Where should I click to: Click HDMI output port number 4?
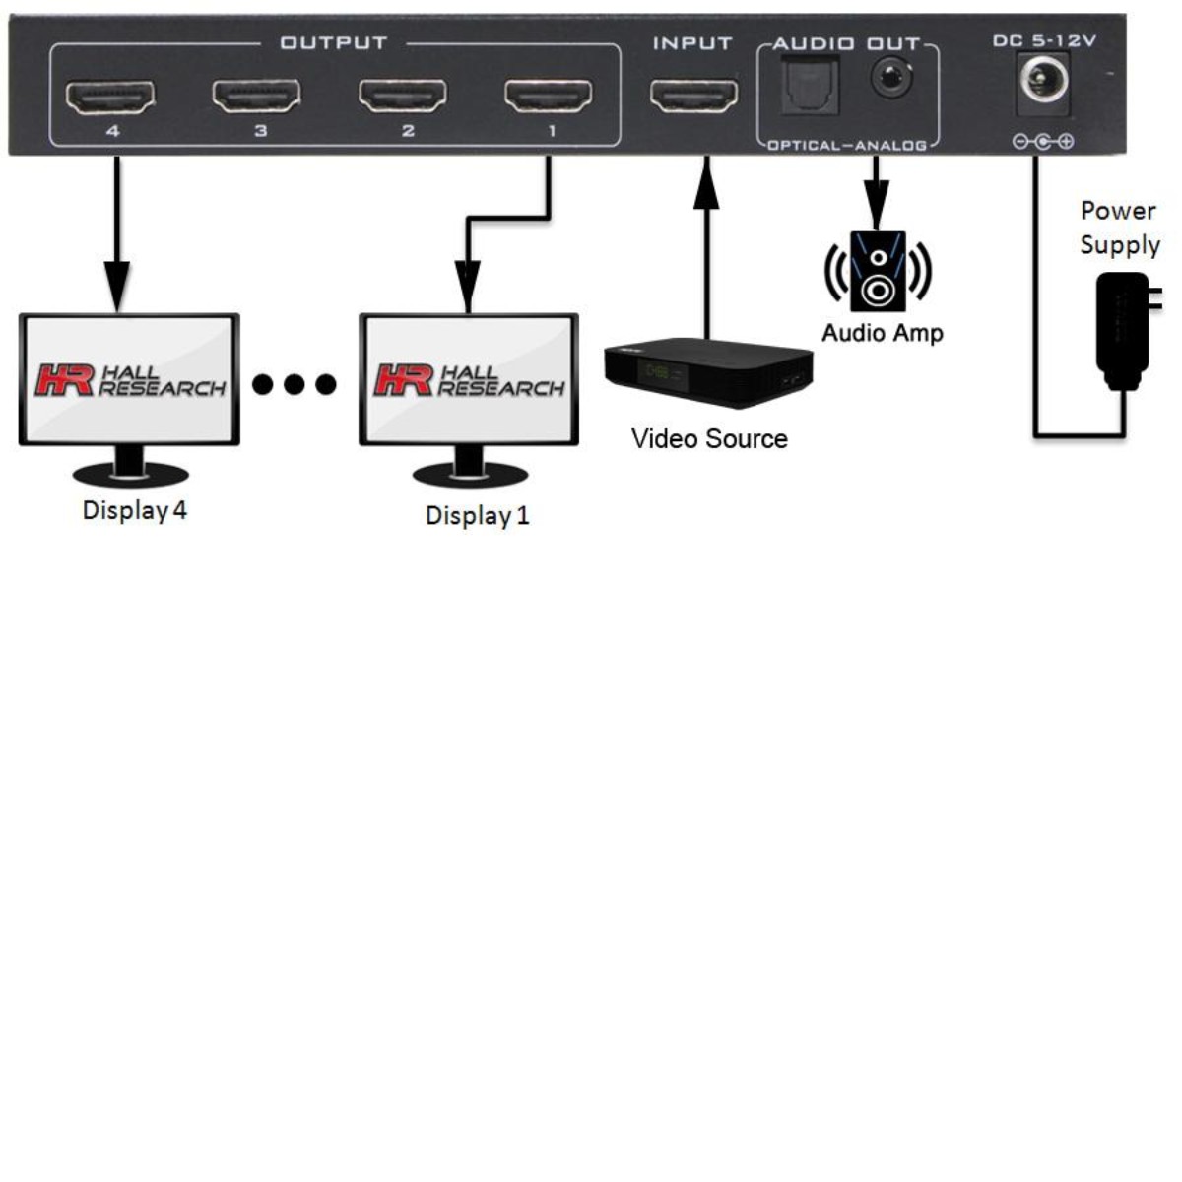click(x=110, y=97)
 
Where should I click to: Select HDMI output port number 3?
click(x=257, y=97)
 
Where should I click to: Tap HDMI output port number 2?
click(x=403, y=97)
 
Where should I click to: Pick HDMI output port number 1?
click(x=549, y=97)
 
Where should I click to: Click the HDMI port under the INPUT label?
click(x=693, y=97)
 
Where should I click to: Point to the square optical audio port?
click(x=809, y=86)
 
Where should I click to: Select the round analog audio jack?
click(x=890, y=77)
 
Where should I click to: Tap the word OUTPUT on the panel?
click(x=334, y=43)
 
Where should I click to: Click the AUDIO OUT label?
click(x=846, y=44)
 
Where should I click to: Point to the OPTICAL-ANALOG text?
click(x=847, y=146)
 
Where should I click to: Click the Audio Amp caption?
click(x=883, y=333)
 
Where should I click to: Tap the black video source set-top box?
click(x=707, y=372)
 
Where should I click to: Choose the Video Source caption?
click(x=709, y=439)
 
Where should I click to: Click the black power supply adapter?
click(x=1123, y=330)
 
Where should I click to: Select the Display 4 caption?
click(x=135, y=510)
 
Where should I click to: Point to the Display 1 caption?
click(x=478, y=515)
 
